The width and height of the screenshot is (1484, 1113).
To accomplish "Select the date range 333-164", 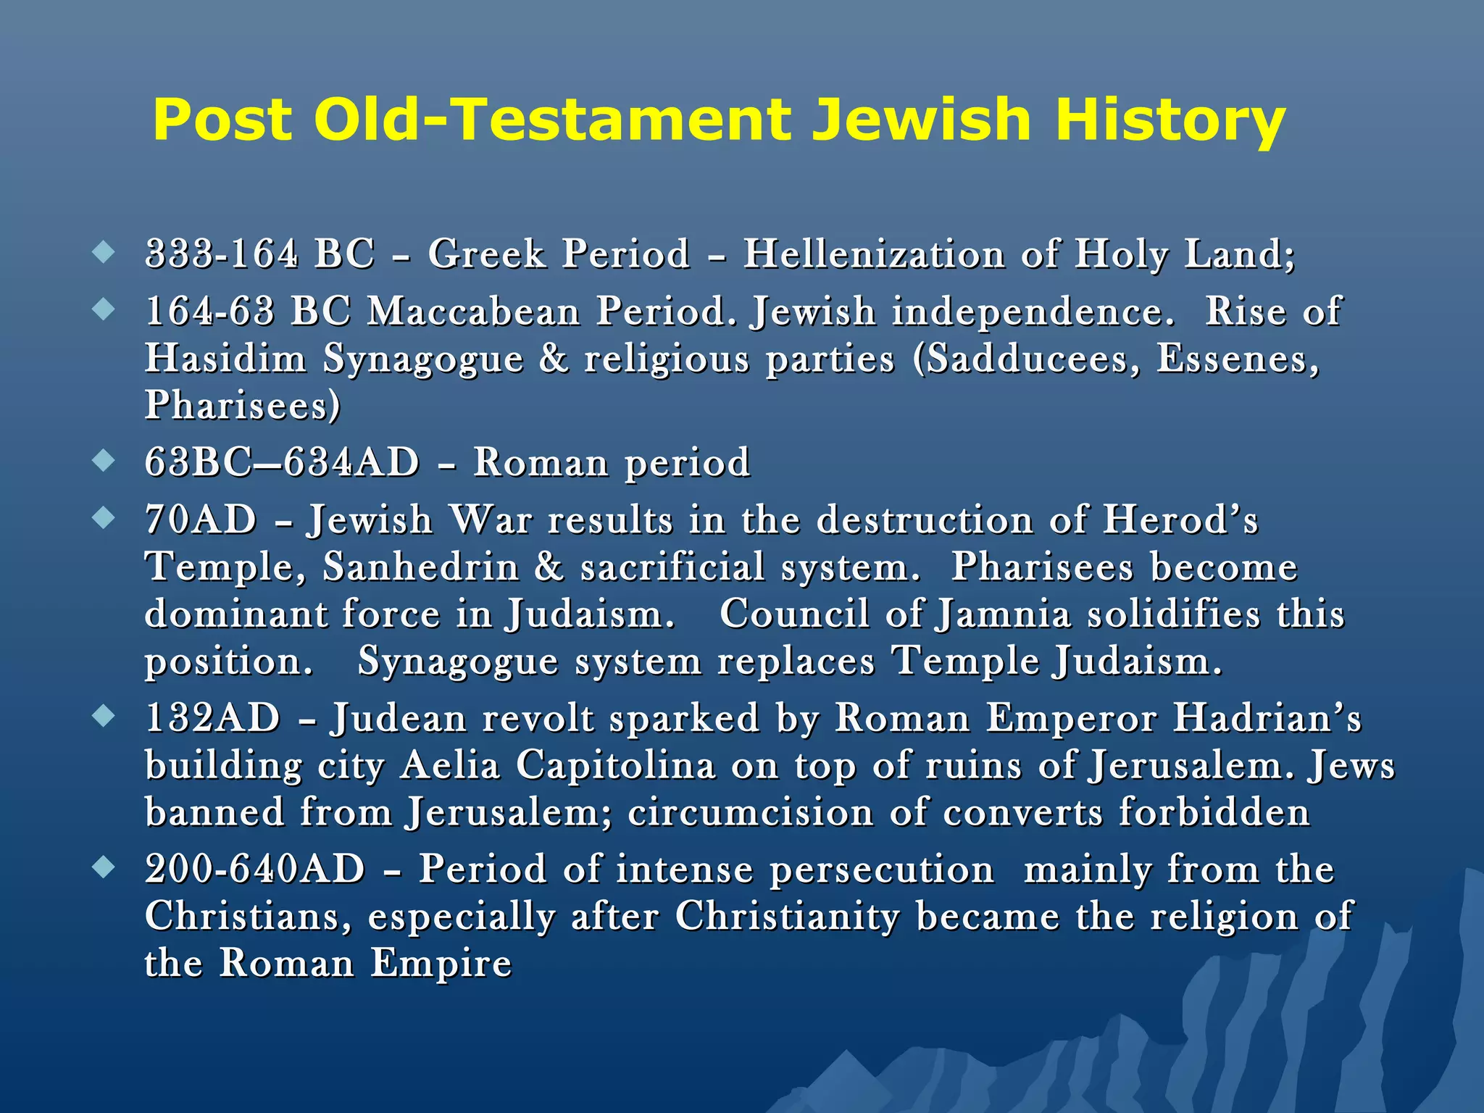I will (x=222, y=254).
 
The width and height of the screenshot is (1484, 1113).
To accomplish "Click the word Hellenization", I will (x=874, y=254).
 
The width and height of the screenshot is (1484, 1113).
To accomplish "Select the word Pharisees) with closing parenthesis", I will (x=242, y=405).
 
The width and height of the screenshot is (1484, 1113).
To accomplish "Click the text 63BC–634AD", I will (x=282, y=462).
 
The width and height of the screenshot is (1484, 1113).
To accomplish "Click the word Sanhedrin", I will (x=421, y=567).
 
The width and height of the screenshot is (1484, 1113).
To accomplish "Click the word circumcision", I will (x=751, y=812).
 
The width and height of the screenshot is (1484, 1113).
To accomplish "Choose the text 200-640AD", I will (x=255, y=870).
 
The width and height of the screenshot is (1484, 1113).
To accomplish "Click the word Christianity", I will (x=788, y=917).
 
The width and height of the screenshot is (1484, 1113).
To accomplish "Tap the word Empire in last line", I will (x=441, y=964).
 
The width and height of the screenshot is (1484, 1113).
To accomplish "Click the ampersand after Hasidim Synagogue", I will (x=554, y=359).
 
